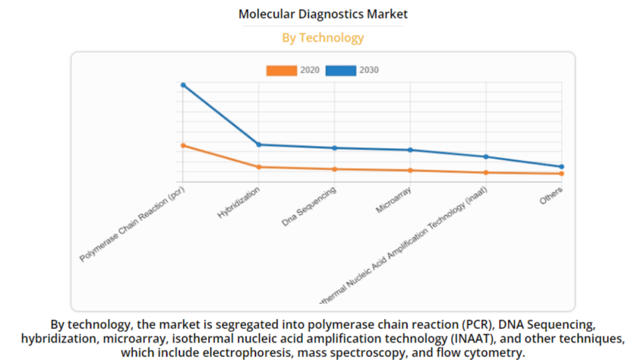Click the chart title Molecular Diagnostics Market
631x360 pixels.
323,14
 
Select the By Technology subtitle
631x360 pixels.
323,38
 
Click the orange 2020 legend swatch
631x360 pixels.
282,70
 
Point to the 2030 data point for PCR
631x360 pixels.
183,85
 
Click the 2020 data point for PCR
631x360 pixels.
183,145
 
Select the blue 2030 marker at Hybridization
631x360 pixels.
259,144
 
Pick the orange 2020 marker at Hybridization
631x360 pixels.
259,167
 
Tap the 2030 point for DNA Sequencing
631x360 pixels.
335,148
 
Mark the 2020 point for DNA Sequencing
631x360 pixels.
335,169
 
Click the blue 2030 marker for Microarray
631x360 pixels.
410,150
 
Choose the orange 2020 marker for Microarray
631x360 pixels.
410,171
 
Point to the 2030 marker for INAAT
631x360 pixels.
486,157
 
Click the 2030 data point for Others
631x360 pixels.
561,167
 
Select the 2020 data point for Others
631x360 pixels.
561,174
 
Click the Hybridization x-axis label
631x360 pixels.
239,203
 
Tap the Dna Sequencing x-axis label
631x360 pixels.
309,207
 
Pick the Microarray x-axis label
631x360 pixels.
393,201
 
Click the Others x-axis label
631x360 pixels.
551,195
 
